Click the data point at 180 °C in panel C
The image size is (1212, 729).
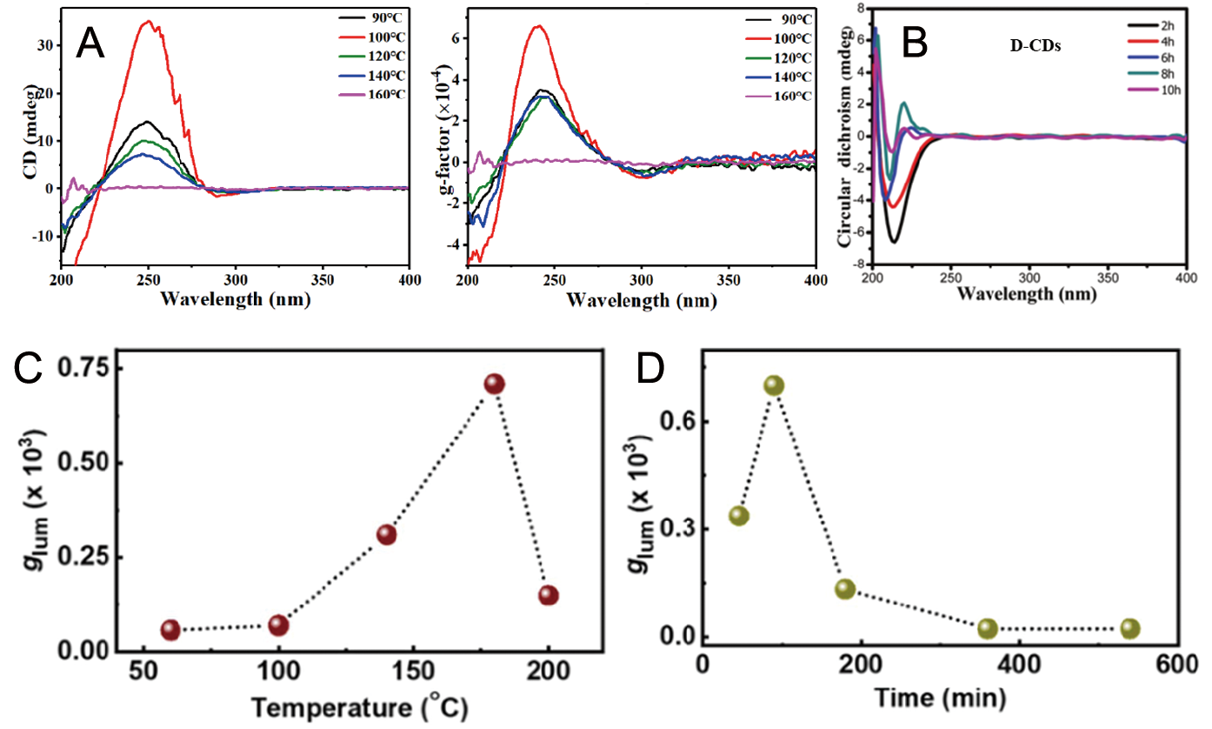pos(494,384)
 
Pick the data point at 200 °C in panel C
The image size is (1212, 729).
pos(548,595)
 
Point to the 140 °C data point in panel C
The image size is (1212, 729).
pos(386,534)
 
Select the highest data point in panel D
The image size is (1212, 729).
pos(774,385)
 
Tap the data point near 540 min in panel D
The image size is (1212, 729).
pos(1129,628)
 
